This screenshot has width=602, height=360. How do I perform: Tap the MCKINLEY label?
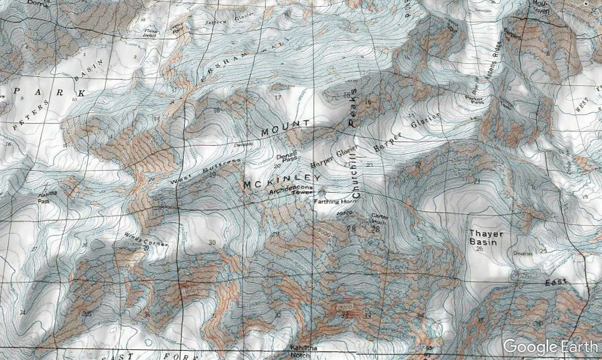pyautogui.click(x=282, y=182)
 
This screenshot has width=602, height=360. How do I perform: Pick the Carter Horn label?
pyautogui.click(x=378, y=218)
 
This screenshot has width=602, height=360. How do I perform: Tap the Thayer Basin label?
pyautogui.click(x=486, y=238)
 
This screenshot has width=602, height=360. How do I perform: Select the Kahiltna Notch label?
pyautogui.click(x=304, y=351)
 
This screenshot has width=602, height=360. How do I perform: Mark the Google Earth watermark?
pyautogui.click(x=550, y=346)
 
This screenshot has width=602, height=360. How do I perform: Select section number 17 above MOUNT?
pyautogui.click(x=277, y=98)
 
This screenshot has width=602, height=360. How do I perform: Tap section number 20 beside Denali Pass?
pyautogui.click(x=277, y=166)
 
